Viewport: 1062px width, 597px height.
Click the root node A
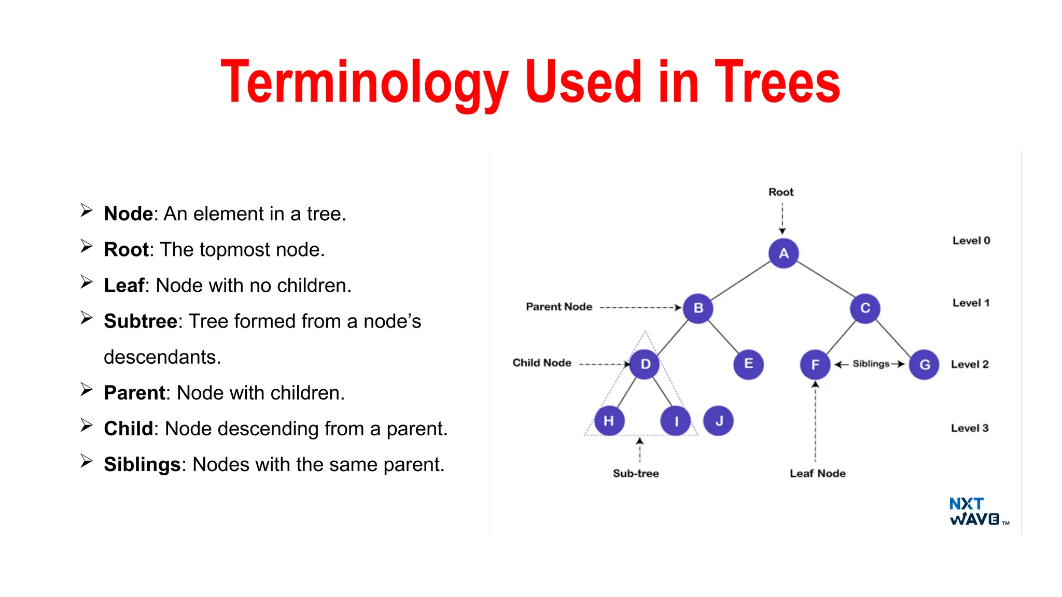[x=783, y=253]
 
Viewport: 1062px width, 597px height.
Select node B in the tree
[x=698, y=308]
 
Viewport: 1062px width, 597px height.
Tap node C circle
[x=865, y=308]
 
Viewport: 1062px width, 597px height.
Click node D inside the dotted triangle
[x=645, y=364]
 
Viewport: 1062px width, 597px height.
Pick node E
[x=748, y=364]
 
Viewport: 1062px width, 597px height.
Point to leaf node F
[x=815, y=364]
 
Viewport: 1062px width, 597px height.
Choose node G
[x=924, y=364]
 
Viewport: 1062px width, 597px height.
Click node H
[x=609, y=420]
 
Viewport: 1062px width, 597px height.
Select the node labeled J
[x=718, y=420]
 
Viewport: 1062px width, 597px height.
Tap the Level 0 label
[x=971, y=240]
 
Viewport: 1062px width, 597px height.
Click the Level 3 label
[x=969, y=428]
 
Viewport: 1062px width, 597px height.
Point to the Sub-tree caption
[x=636, y=473]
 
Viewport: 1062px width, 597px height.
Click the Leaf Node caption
[x=817, y=473]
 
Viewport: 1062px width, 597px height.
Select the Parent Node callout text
[x=558, y=307]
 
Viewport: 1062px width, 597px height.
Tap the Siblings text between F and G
[x=871, y=364]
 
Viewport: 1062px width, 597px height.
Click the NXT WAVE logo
[x=975, y=511]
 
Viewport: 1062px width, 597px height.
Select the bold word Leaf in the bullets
[x=124, y=286]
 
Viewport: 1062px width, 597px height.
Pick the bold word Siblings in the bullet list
[x=142, y=464]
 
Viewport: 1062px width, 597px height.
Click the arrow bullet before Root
[x=86, y=246]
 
